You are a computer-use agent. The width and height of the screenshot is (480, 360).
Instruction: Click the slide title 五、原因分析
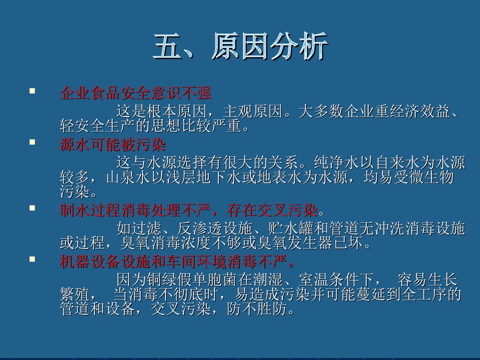coord(240,47)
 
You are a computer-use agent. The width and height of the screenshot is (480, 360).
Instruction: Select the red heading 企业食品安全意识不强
coord(136,93)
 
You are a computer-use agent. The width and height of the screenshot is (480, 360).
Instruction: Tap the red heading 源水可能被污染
coord(113,144)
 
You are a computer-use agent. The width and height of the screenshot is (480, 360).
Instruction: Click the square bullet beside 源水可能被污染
coord(32,142)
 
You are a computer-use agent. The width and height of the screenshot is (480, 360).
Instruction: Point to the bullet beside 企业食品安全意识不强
coord(32,90)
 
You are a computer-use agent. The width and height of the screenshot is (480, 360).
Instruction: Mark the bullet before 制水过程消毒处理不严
coord(32,208)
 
